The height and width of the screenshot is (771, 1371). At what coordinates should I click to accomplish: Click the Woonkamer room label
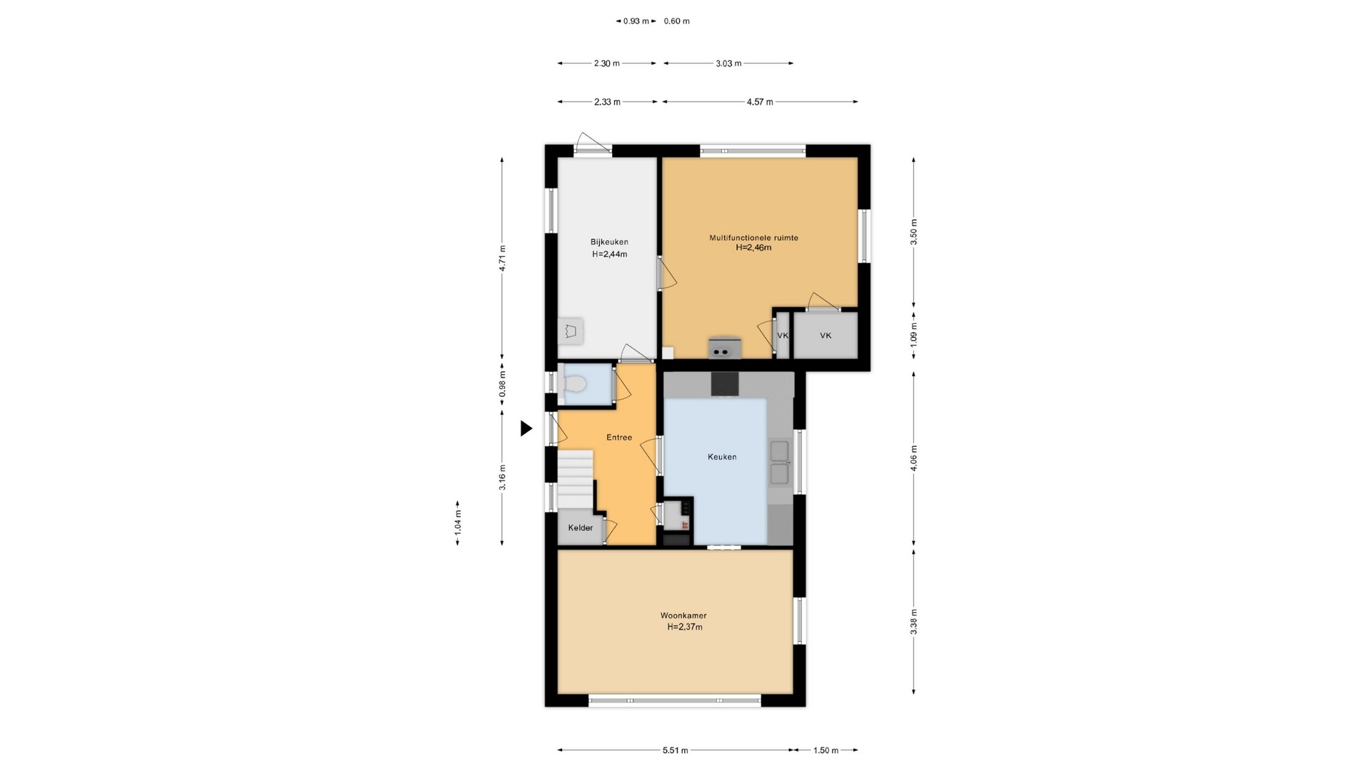pos(683,615)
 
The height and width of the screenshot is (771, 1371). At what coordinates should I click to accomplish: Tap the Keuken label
pos(722,457)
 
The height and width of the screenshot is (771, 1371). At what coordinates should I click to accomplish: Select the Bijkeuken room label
pos(609,242)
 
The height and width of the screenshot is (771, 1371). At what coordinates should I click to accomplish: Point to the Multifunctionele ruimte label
pos(753,238)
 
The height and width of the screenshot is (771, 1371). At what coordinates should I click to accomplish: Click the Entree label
pos(619,438)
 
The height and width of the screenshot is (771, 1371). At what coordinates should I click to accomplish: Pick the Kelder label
pos(581,528)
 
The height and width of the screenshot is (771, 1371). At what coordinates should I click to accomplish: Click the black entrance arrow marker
pos(526,428)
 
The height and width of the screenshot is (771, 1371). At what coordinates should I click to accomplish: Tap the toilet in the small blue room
pos(573,385)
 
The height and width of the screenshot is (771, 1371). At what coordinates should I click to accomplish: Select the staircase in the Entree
pos(576,480)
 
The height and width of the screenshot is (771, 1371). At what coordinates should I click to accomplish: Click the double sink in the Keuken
pos(779,463)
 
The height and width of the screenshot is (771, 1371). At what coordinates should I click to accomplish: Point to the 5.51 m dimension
pos(675,750)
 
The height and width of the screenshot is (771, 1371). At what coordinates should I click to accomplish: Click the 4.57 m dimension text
pos(760,102)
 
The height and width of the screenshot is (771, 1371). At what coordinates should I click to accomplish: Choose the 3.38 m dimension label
pos(914,621)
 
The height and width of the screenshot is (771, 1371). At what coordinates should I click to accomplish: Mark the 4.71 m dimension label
pos(502,258)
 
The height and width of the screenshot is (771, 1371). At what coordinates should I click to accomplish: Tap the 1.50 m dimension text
pos(825,750)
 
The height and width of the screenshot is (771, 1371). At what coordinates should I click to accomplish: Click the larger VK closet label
pos(825,336)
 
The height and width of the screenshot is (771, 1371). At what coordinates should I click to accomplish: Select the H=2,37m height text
pos(685,628)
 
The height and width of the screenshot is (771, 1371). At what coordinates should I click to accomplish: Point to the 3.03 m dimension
pos(728,64)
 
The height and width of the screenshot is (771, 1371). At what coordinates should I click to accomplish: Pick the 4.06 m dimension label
pos(914,457)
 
